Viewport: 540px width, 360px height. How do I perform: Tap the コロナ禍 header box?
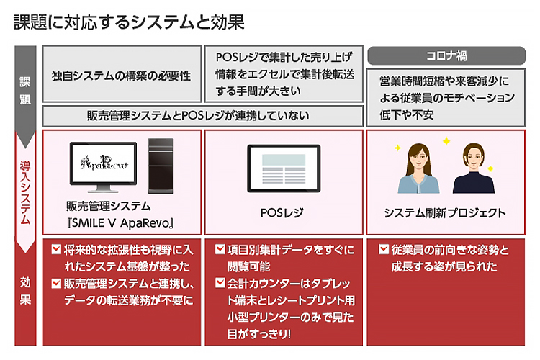(447, 55)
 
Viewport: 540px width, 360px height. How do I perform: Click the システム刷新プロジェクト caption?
(444, 213)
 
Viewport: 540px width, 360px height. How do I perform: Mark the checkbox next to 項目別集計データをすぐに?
(220, 251)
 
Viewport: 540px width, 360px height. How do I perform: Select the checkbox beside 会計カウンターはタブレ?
(220, 284)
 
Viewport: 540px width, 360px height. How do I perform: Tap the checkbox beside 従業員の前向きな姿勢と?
(383, 251)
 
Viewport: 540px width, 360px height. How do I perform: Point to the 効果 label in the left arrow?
(25, 289)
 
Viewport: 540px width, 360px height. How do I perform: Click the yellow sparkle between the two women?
(446, 142)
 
